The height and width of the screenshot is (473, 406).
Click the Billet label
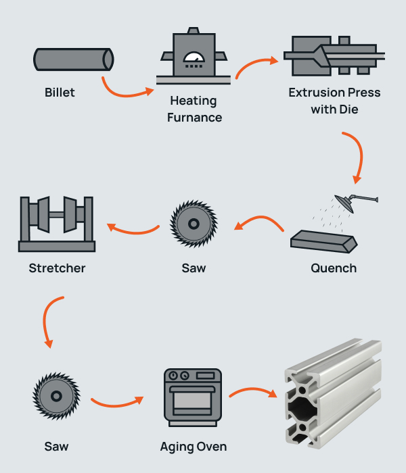pyautogui.click(x=60, y=93)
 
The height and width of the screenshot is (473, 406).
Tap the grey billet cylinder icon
pyautogui.click(x=73, y=59)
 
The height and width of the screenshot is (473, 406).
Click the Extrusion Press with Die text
pyautogui.click(x=334, y=101)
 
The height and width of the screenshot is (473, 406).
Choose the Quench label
pyautogui.click(x=334, y=268)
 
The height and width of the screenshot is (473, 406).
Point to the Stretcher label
pyautogui.click(x=58, y=268)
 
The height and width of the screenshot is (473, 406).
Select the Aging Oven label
pyautogui.click(x=194, y=447)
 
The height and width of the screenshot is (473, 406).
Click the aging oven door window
pyautogui.click(x=194, y=403)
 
